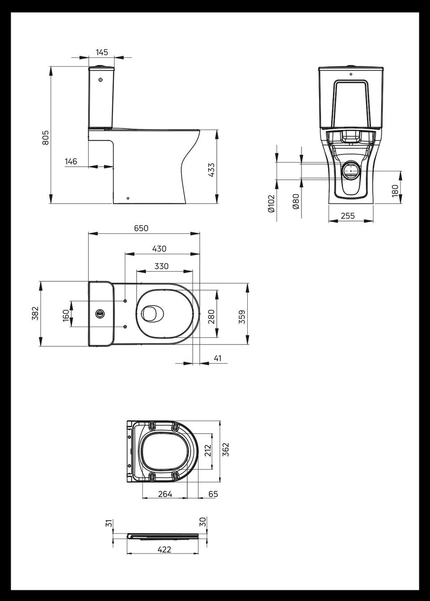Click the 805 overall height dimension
pyautogui.click(x=46, y=138)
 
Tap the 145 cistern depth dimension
pyautogui.click(x=102, y=52)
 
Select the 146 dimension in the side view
pyautogui.click(x=71, y=161)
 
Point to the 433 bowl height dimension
pyautogui.click(x=211, y=170)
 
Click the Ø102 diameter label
pyautogui.click(x=271, y=204)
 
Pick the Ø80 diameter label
pyautogui.click(x=296, y=202)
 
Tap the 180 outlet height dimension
pyautogui.click(x=395, y=191)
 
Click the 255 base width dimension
pyautogui.click(x=348, y=215)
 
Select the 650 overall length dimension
pyautogui.click(x=141, y=228)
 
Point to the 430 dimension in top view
pyautogui.click(x=159, y=249)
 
